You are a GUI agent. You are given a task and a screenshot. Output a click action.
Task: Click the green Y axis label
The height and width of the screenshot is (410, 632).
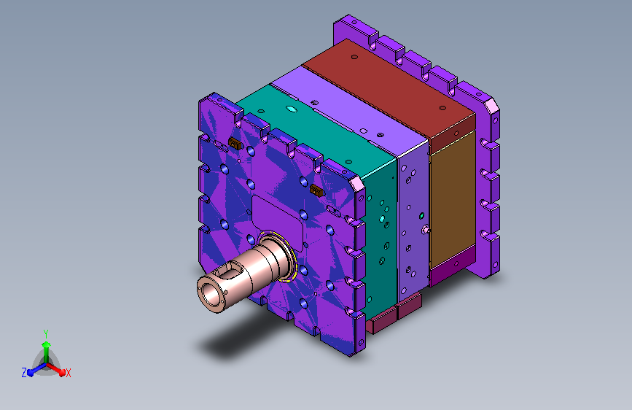[46, 334]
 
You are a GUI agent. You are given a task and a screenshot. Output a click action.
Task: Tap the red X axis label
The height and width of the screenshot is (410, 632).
[68, 374]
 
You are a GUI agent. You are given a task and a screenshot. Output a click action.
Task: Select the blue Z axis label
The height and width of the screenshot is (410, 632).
[24, 373]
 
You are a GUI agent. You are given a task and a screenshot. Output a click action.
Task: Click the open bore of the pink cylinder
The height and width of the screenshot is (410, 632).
[209, 293]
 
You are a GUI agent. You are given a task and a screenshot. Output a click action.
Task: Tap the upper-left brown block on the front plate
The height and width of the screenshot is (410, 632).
[235, 142]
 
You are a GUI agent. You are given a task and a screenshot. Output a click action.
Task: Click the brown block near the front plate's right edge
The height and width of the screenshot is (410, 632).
[317, 190]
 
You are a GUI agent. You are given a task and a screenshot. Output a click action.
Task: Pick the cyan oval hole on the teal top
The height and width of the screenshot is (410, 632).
[292, 109]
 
